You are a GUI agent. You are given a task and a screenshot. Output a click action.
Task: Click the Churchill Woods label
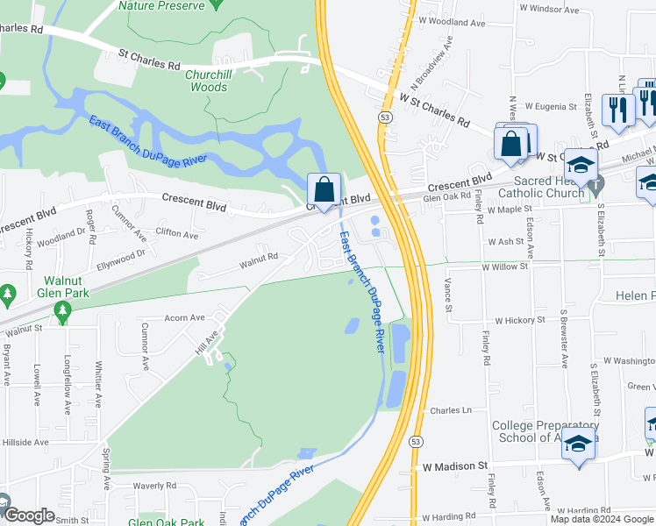[209, 82]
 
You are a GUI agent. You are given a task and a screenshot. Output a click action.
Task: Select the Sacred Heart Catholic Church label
[540, 187]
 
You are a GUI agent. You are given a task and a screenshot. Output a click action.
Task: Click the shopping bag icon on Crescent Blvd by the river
[324, 189]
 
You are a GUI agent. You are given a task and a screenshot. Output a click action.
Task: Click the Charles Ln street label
[451, 410]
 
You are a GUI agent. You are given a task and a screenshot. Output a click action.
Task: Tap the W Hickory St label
[520, 321]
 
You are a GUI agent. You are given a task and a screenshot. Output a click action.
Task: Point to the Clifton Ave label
[177, 234]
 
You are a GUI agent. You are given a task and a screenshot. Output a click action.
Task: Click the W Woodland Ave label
[452, 20]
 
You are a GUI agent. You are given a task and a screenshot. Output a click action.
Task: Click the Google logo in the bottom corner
[30, 515]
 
